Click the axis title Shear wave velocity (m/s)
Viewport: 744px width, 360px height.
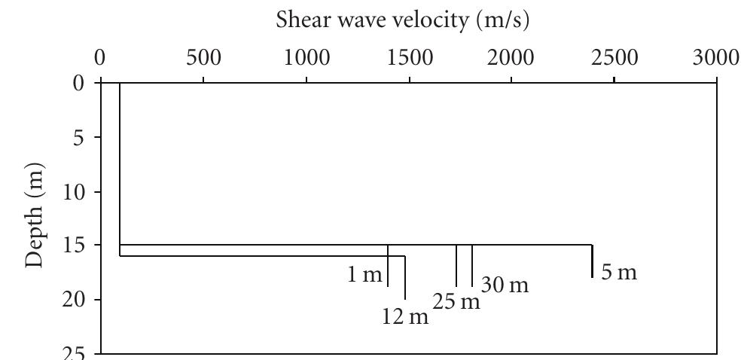403,20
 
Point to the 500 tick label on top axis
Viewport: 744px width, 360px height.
203,58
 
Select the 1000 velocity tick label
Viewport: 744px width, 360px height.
306,58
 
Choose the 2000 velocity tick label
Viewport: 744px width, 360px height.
511,58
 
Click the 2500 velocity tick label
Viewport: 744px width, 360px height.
614,58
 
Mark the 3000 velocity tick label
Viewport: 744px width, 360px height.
715,58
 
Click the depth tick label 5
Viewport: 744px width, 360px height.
78,139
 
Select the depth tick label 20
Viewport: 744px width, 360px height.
73,300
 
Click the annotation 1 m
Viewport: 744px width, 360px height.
364,275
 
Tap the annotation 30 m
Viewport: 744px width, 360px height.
505,285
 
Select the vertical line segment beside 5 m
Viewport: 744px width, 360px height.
592,261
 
